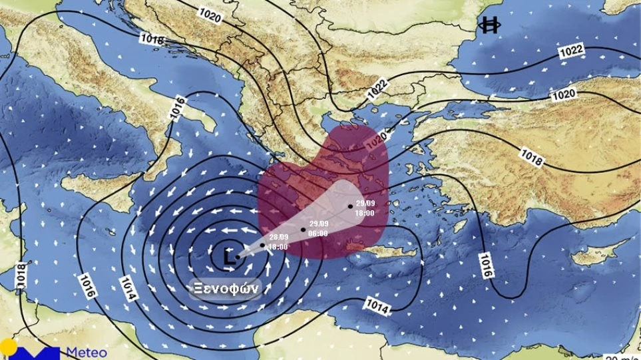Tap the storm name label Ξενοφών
[224, 289]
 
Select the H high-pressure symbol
[490, 25]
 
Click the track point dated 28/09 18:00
[263, 244]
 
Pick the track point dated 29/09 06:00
[304, 230]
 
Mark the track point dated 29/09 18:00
[350, 206]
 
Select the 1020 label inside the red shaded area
[376, 139]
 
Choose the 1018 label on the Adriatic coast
[152, 39]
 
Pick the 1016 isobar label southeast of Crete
[485, 266]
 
